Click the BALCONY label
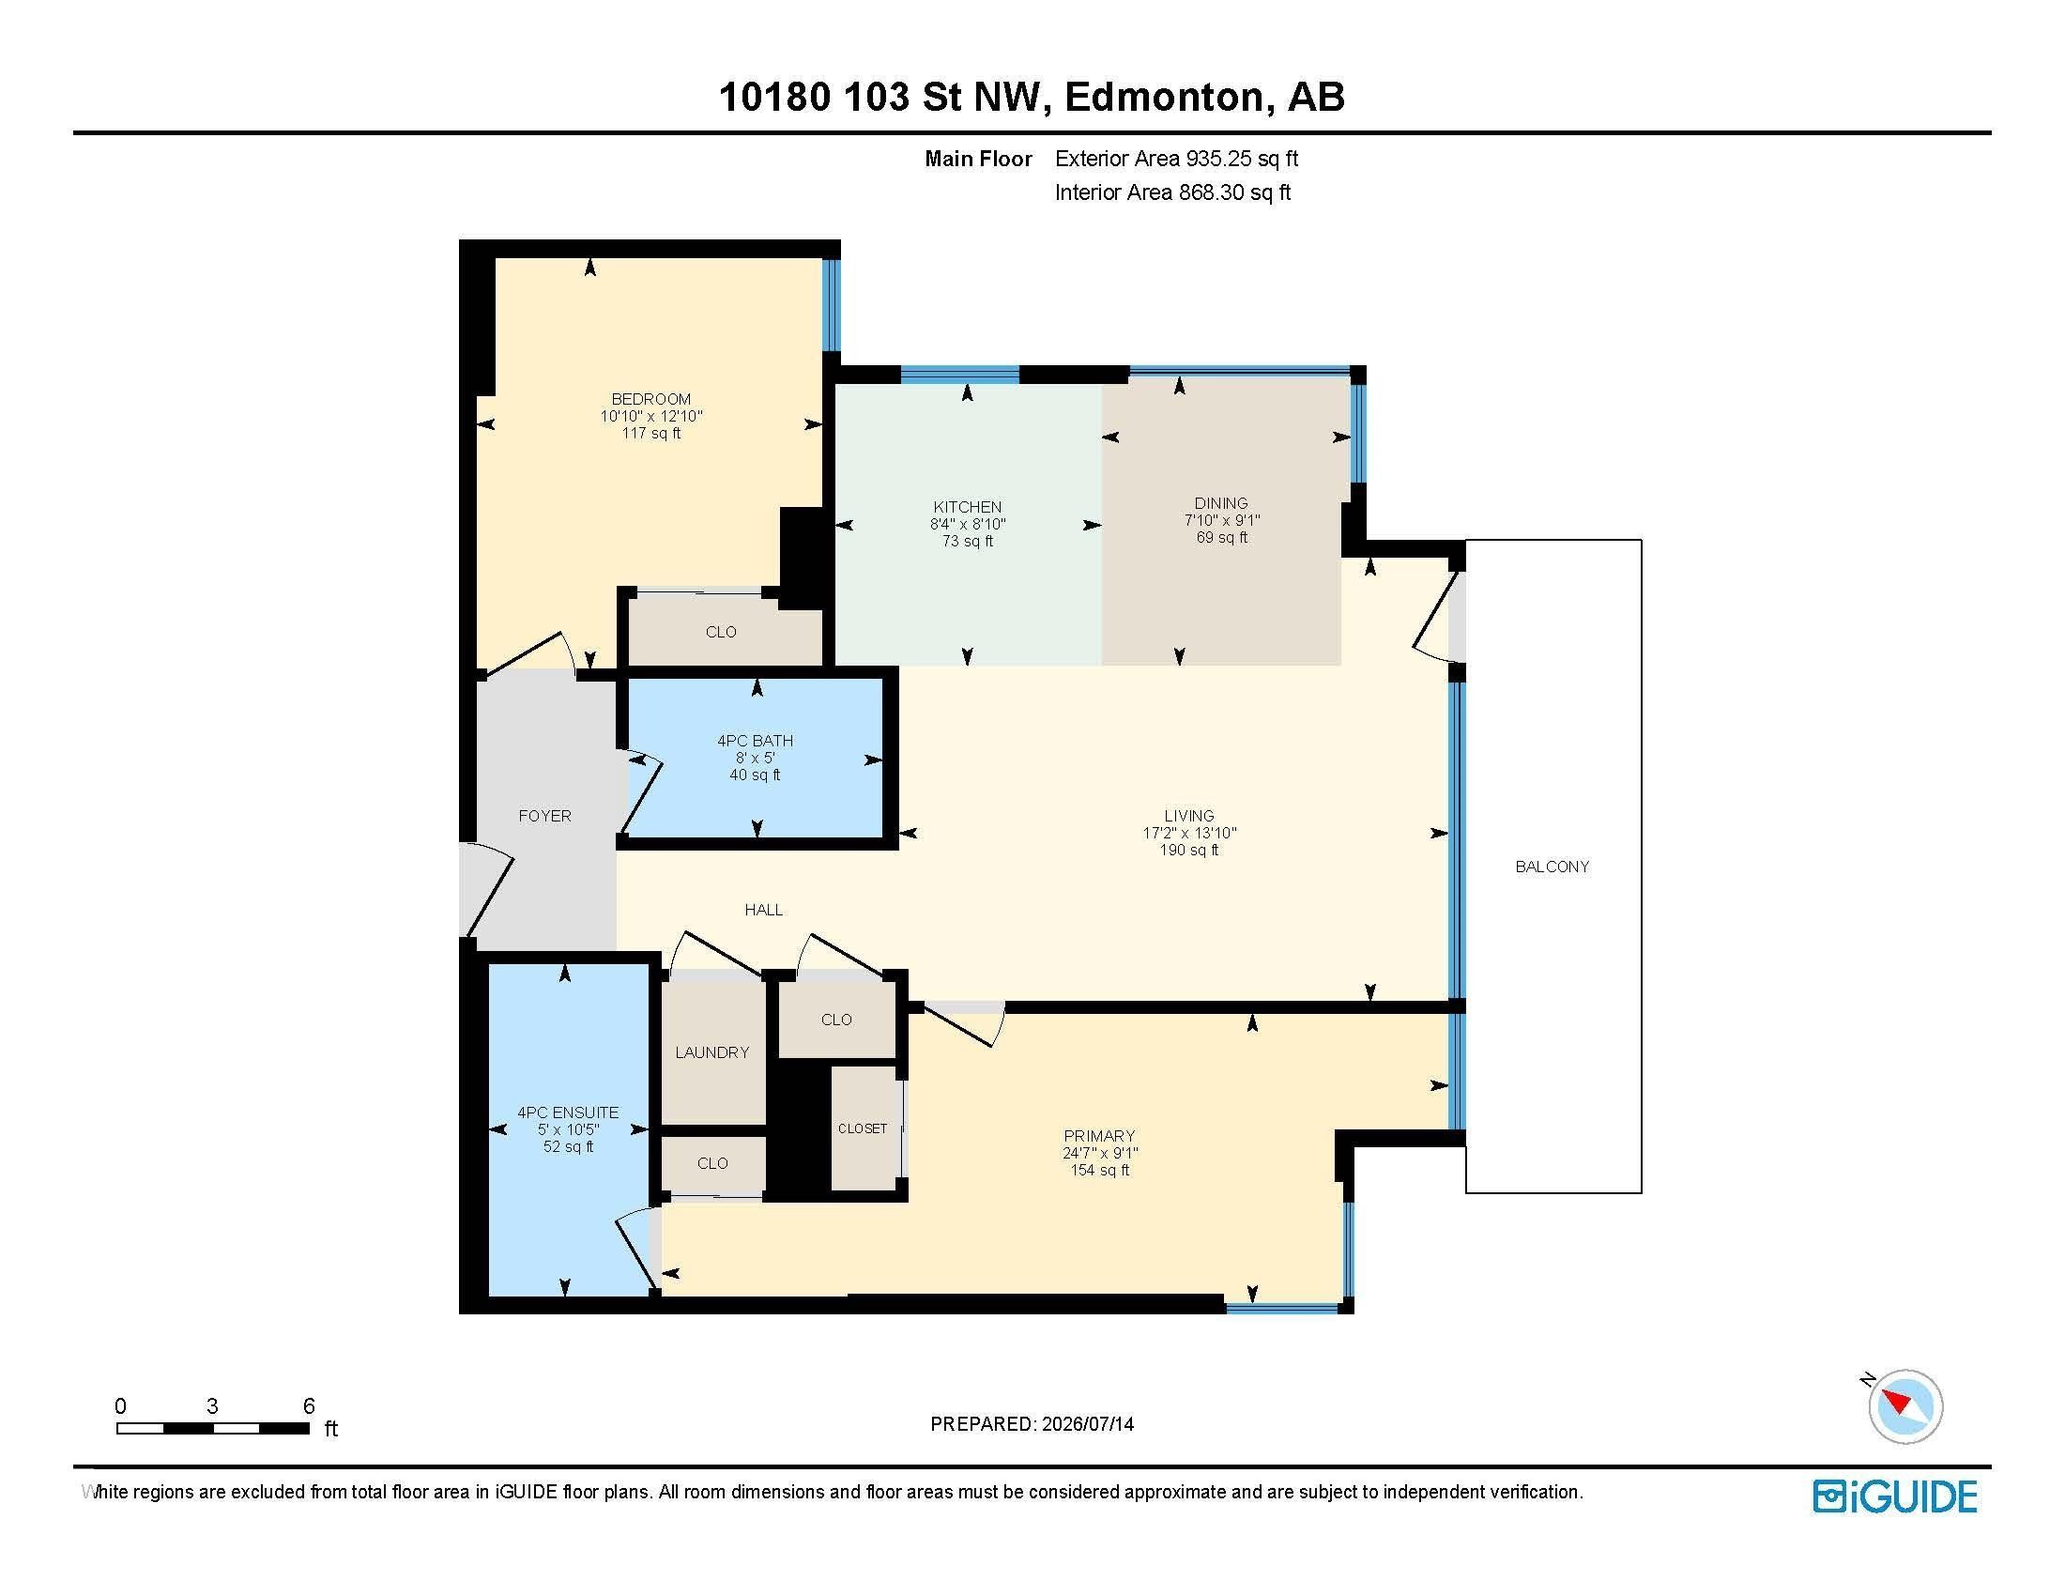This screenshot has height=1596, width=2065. [x=1552, y=867]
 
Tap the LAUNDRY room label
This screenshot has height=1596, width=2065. [x=712, y=1052]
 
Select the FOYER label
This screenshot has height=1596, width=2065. [x=544, y=816]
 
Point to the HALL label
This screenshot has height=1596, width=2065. [x=764, y=910]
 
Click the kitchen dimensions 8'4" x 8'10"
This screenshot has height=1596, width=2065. [x=967, y=524]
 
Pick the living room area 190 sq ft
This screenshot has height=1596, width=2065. [x=1189, y=850]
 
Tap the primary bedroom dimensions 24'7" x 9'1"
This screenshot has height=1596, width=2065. [x=1100, y=1153]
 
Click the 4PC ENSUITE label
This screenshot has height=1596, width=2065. [x=568, y=1113]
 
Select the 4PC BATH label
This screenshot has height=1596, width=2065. [x=756, y=741]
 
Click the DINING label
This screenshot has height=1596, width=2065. [x=1221, y=503]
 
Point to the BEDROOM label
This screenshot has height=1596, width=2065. [x=651, y=399]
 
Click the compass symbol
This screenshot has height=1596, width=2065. [x=1904, y=1406]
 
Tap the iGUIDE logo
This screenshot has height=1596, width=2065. [x=1895, y=1496]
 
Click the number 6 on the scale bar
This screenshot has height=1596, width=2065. [x=308, y=1406]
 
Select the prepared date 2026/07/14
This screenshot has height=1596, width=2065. [x=1086, y=1424]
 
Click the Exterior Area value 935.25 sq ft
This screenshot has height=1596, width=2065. [x=1243, y=159]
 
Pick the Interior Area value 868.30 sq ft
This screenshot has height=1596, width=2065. [x=1235, y=192]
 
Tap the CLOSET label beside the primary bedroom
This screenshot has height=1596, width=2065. [x=863, y=1128]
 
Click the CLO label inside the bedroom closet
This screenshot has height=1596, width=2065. [x=721, y=632]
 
